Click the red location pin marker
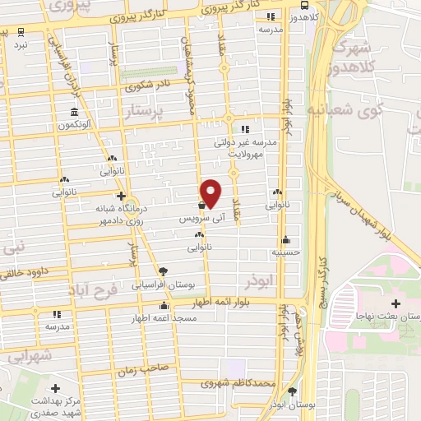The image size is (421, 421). tap(211, 193)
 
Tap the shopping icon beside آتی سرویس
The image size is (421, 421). tap(202, 206)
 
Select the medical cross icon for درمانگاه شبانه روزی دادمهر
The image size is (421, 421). tap(121, 196)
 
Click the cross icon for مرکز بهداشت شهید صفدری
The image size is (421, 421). tap(55, 388)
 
